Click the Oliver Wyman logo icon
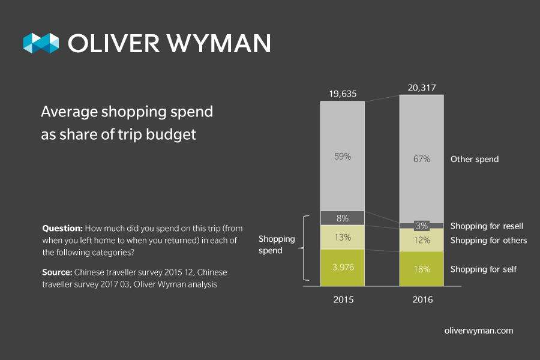(x=41, y=43)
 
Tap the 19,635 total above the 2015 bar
(x=343, y=94)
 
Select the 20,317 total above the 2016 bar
(x=422, y=87)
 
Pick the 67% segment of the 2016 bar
(x=422, y=159)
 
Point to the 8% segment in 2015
(x=343, y=218)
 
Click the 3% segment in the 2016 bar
(x=422, y=226)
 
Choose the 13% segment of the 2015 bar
(x=343, y=237)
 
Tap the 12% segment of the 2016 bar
(x=422, y=240)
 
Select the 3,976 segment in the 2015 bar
(x=343, y=267)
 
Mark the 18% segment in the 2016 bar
(x=422, y=269)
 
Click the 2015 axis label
(x=343, y=299)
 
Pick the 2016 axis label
(x=422, y=299)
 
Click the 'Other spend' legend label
(x=475, y=160)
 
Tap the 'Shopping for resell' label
(x=487, y=226)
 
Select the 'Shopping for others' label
(x=488, y=241)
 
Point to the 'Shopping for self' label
(x=483, y=269)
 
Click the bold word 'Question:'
(x=62, y=229)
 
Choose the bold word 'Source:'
(x=57, y=272)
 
